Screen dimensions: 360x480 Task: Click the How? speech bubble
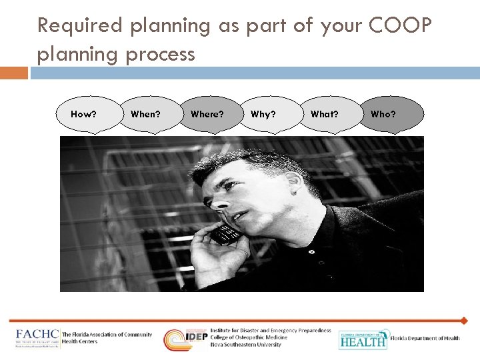[83, 114]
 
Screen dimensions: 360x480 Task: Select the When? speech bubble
[145, 114]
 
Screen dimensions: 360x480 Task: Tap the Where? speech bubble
[207, 114]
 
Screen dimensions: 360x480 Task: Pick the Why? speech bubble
[263, 114]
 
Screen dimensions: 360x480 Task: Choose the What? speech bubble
[324, 114]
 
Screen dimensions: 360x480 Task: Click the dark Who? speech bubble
[383, 114]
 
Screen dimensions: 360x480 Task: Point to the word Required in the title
[81, 27]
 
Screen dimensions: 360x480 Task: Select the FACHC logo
[37, 338]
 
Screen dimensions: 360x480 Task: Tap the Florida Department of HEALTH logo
[363, 339]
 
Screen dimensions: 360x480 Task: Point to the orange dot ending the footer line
[464, 321]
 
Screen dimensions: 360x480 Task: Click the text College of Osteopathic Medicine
[249, 337]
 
